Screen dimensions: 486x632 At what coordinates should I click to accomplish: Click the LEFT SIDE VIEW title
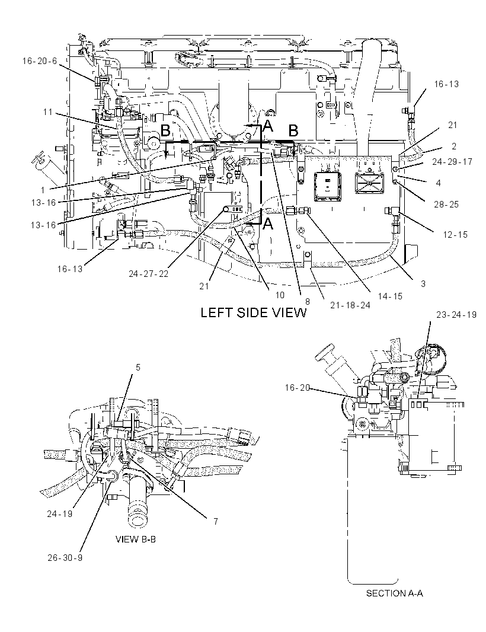[x=254, y=313]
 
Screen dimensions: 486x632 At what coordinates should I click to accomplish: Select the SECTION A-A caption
[x=395, y=593]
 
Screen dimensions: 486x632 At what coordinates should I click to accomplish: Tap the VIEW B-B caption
[x=135, y=540]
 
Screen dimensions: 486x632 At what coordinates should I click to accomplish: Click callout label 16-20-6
[x=40, y=61]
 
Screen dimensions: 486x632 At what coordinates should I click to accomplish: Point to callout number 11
[x=48, y=111]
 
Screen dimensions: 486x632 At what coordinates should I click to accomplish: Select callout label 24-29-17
[x=452, y=162]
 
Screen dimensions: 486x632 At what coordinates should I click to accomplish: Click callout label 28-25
[x=446, y=205]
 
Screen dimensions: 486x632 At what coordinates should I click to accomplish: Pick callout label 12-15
[x=455, y=235]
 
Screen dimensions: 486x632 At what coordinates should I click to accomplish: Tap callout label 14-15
[x=390, y=296]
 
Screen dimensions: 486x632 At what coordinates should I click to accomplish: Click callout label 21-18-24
[x=350, y=305]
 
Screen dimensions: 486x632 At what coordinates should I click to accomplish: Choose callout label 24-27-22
[x=149, y=274]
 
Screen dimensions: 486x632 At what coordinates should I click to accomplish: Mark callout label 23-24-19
[x=456, y=314]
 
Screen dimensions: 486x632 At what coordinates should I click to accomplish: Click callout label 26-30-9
[x=65, y=558]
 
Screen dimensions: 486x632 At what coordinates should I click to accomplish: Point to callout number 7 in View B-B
[x=216, y=522]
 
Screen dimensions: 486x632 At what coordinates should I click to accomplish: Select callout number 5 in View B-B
[x=138, y=368]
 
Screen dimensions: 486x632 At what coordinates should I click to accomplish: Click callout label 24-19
[x=60, y=514]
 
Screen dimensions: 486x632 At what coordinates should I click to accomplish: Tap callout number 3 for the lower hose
[x=423, y=284]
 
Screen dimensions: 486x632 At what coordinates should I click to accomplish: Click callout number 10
[x=280, y=295]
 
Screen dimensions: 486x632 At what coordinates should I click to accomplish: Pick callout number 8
[x=307, y=300]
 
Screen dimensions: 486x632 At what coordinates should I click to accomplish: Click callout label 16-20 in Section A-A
[x=298, y=388]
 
